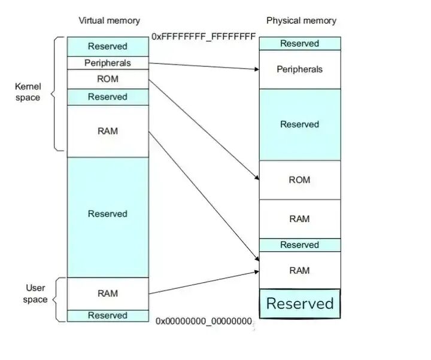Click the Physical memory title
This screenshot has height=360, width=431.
tap(301, 21)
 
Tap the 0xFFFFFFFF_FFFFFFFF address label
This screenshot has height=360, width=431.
tap(204, 36)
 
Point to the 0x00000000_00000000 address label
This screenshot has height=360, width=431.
tap(204, 321)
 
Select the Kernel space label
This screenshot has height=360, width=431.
tap(28, 92)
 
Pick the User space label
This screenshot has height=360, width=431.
tap(35, 294)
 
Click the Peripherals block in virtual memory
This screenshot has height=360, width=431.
tap(108, 62)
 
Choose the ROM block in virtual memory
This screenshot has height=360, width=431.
tap(108, 79)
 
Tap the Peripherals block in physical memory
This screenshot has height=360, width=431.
tap(299, 69)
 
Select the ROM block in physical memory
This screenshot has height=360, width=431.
tap(299, 180)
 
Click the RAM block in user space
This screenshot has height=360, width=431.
tap(108, 294)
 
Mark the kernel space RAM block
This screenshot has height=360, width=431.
tap(108, 131)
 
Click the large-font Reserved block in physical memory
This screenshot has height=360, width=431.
tap(299, 303)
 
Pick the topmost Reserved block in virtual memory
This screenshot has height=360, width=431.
tap(108, 46)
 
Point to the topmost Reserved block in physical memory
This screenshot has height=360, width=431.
tap(299, 44)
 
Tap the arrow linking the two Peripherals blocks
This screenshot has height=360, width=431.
tap(204, 66)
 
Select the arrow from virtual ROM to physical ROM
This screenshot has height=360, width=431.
tap(204, 129)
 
